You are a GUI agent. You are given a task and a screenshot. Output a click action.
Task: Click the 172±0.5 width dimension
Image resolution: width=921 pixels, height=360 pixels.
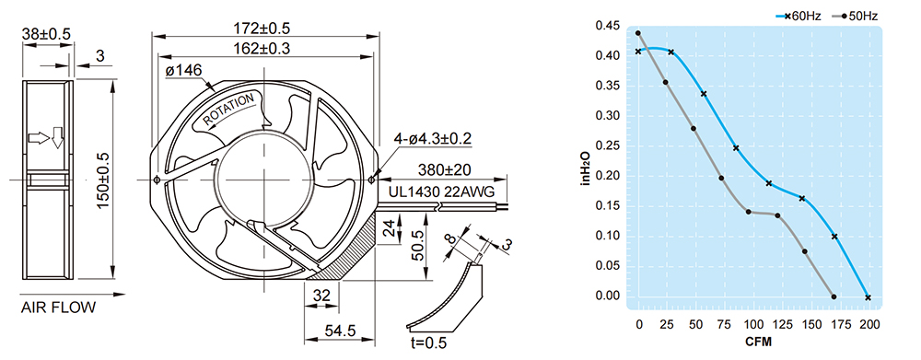262,27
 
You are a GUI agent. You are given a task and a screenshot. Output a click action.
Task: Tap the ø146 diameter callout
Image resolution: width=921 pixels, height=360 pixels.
183,71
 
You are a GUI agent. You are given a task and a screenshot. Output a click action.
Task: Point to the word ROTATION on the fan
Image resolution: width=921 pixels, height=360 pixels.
229,110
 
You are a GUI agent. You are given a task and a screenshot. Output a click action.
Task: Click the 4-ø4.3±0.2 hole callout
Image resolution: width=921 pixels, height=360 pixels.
432,139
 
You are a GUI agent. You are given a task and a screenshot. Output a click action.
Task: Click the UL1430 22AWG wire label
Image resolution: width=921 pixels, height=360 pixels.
441,192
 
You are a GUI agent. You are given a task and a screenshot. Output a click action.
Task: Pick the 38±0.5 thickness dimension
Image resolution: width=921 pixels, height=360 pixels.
46,34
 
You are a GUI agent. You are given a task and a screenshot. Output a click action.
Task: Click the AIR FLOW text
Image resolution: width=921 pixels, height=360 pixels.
57,308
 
